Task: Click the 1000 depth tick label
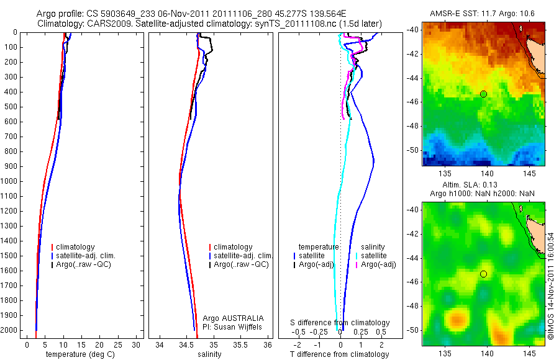click(x=10, y=181)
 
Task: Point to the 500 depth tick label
click(x=12, y=107)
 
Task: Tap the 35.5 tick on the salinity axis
click(x=242, y=344)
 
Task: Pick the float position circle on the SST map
click(x=483, y=94)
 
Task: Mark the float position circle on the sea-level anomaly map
click(x=483, y=274)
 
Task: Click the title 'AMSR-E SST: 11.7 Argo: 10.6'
click(x=483, y=14)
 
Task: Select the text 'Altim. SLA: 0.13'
click(x=483, y=186)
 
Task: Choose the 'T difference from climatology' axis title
click(x=340, y=354)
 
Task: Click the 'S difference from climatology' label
click(x=340, y=323)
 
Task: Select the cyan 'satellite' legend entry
click(x=374, y=256)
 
